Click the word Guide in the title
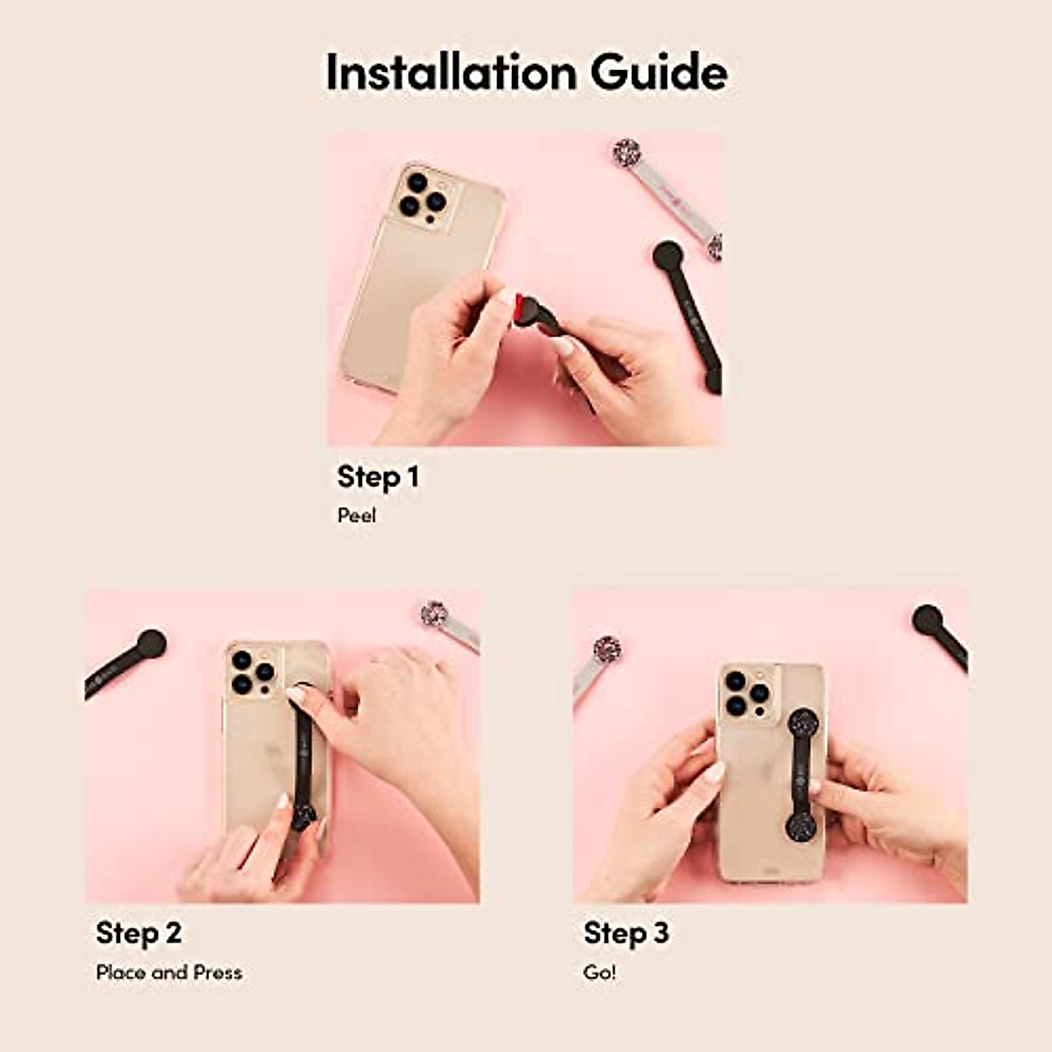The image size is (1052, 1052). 658,72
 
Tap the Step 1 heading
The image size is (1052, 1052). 378,477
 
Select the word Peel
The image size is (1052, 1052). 356,515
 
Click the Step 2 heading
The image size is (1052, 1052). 139,933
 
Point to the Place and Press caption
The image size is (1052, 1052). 169,972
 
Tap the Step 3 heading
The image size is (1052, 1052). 626,933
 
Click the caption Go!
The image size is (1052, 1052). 600,972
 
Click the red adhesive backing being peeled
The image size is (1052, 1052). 524,307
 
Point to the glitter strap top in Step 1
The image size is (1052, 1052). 626,151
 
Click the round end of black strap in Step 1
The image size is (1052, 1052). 668,255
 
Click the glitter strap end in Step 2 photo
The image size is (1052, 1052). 434,614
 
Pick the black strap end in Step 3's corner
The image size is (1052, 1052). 928,619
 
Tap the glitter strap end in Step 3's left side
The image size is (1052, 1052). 607,649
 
